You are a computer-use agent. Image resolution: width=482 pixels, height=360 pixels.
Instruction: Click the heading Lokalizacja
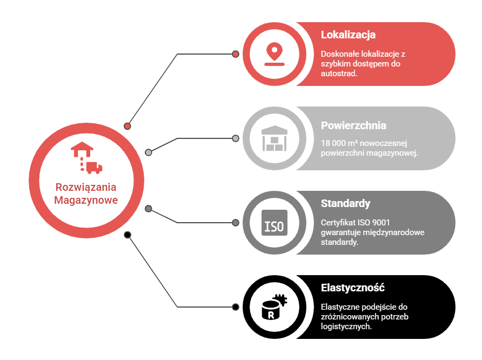[348, 35]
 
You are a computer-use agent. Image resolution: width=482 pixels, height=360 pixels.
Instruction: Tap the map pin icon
[275, 54]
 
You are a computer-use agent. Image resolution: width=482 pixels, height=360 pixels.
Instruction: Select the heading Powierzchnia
[353, 125]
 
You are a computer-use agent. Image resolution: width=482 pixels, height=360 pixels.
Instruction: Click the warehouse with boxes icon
[275, 138]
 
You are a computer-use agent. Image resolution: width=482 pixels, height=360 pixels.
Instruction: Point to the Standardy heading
[345, 203]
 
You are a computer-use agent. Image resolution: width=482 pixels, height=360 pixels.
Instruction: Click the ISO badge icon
[275, 223]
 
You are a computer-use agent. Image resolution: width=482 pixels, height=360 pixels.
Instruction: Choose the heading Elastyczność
[353, 288]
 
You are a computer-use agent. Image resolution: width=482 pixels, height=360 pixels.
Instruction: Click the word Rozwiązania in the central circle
[86, 188]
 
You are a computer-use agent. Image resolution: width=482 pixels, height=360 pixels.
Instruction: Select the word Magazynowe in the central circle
[86, 200]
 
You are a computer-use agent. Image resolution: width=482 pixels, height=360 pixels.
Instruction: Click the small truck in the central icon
[94, 168]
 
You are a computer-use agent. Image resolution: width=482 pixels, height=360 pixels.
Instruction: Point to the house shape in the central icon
[82, 149]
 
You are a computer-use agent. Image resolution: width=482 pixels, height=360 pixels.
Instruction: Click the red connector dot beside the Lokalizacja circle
[236, 54]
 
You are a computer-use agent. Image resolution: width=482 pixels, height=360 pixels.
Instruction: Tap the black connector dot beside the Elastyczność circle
[236, 307]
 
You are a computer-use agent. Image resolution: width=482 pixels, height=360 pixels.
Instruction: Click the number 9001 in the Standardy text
[381, 223]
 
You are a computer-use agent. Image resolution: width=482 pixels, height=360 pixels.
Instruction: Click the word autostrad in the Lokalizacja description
[339, 74]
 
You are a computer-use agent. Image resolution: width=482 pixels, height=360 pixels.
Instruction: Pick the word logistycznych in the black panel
[346, 326]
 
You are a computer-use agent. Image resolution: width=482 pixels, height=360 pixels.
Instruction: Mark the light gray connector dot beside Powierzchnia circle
[236, 138]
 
